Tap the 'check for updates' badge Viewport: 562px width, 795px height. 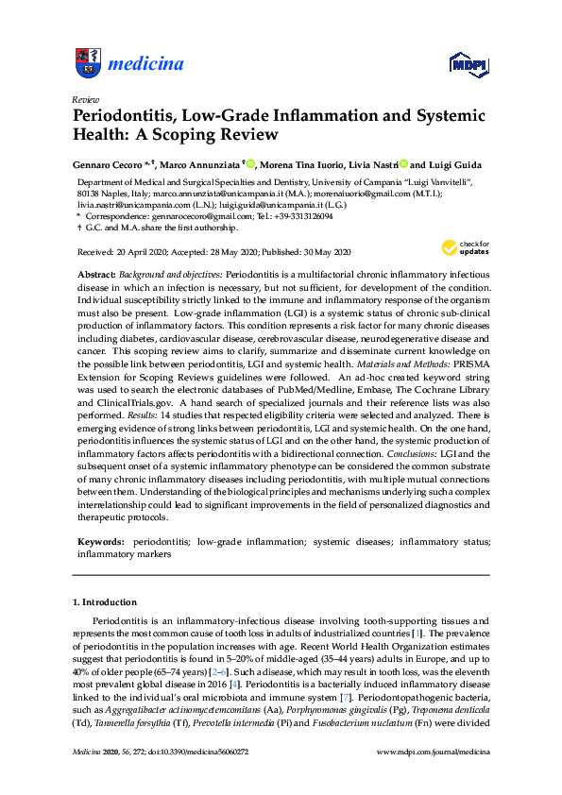click(x=462, y=248)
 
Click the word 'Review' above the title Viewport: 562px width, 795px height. click(x=85, y=99)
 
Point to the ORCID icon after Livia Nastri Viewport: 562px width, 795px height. click(x=403, y=163)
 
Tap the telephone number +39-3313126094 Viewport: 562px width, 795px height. click(x=296, y=215)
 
